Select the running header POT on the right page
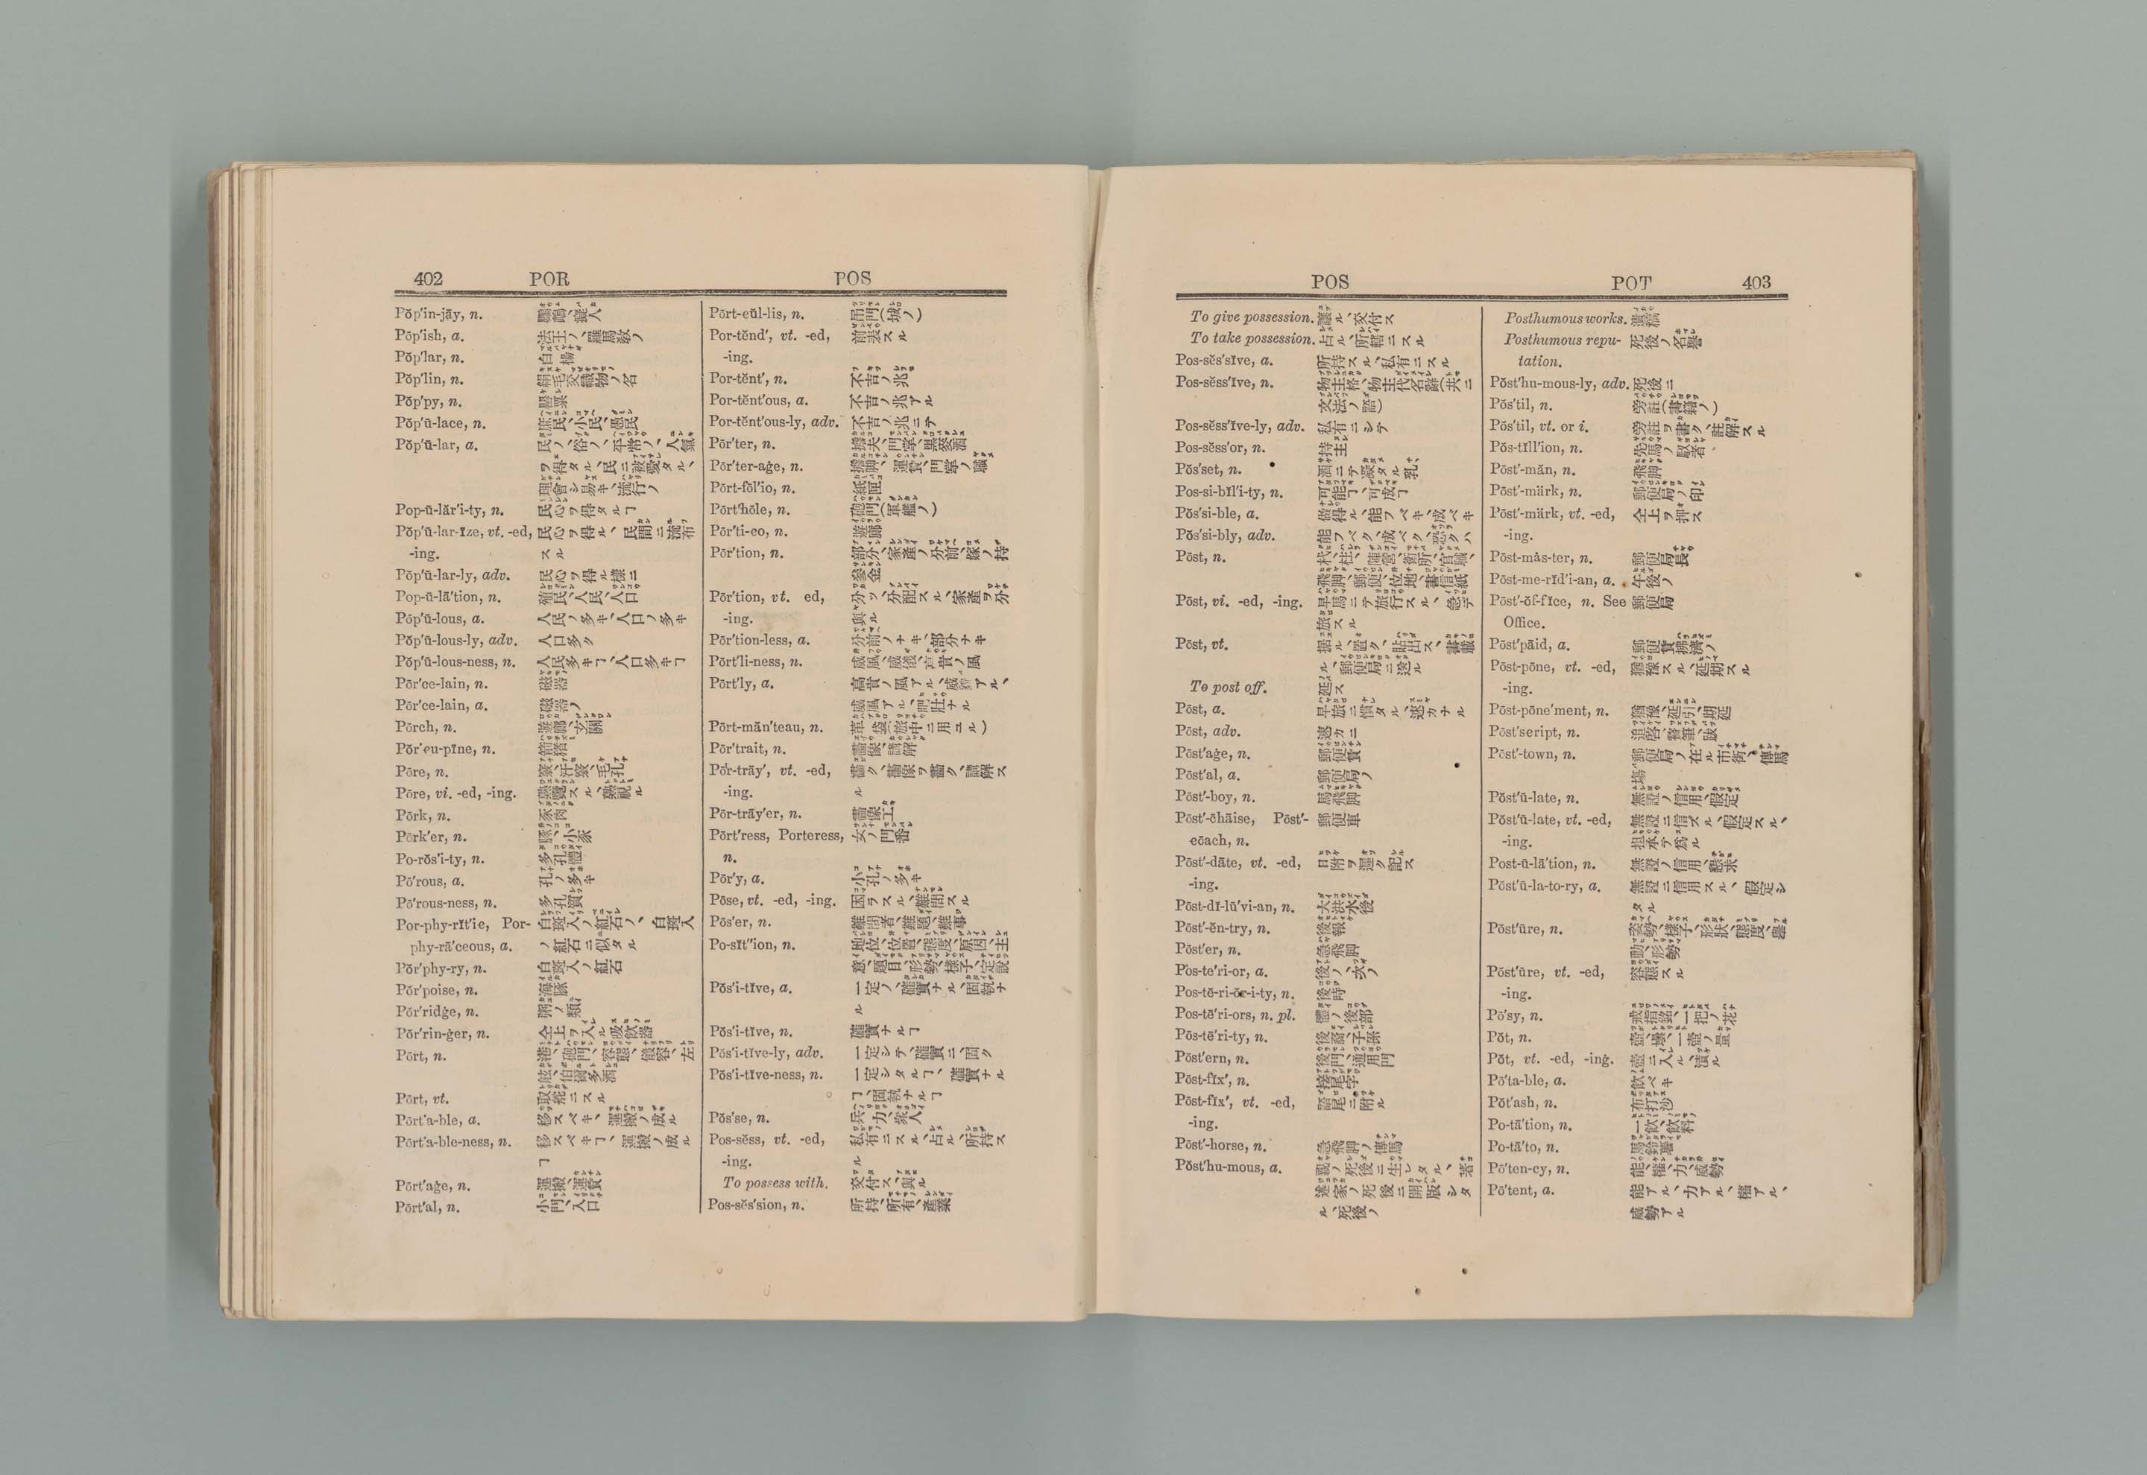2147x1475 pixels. (1630, 283)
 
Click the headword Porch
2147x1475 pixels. (415, 727)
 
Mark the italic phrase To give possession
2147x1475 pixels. (1251, 317)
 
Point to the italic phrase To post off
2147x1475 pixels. (1227, 688)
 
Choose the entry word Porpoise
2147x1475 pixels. (426, 991)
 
